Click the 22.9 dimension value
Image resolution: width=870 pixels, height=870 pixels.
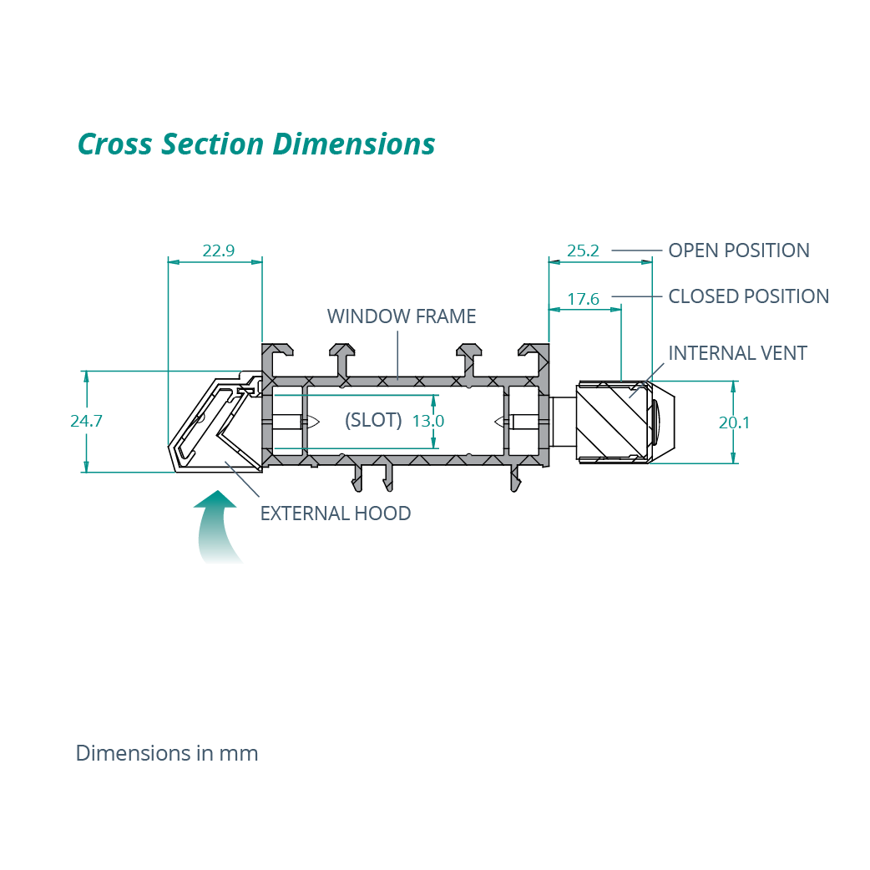tap(218, 250)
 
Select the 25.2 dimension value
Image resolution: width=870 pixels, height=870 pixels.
tap(584, 250)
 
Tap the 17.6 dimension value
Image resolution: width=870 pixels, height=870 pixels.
tap(584, 298)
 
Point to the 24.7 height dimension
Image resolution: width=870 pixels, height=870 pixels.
tap(86, 421)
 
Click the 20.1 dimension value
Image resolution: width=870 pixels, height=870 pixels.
tap(735, 422)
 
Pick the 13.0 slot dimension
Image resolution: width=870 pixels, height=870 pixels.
tap(428, 421)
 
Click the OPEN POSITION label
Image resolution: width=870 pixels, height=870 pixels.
tap(739, 250)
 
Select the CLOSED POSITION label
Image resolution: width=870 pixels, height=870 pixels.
tap(749, 296)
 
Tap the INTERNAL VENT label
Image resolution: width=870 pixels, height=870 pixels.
tap(737, 353)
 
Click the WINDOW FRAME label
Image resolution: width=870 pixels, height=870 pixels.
tap(402, 316)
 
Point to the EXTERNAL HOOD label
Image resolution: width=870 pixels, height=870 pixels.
tap(336, 513)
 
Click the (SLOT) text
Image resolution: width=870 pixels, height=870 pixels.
tap(373, 420)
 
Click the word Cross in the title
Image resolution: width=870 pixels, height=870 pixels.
tap(115, 144)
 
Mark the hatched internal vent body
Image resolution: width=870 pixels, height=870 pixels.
tap(614, 422)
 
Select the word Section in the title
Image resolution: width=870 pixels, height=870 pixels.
tap(214, 144)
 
